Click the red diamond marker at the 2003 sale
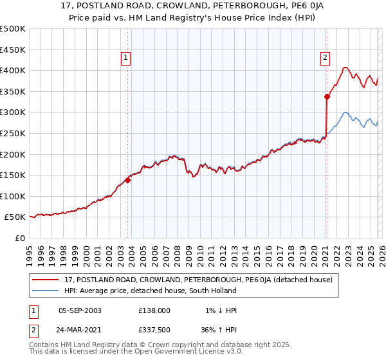click(x=127, y=181)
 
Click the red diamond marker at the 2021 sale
click(x=327, y=97)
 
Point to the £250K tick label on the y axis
click(x=13, y=133)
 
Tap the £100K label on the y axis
click(x=13, y=196)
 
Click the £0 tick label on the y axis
click(x=19, y=238)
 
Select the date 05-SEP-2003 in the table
click(x=80, y=310)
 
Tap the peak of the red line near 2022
click(x=345, y=67)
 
